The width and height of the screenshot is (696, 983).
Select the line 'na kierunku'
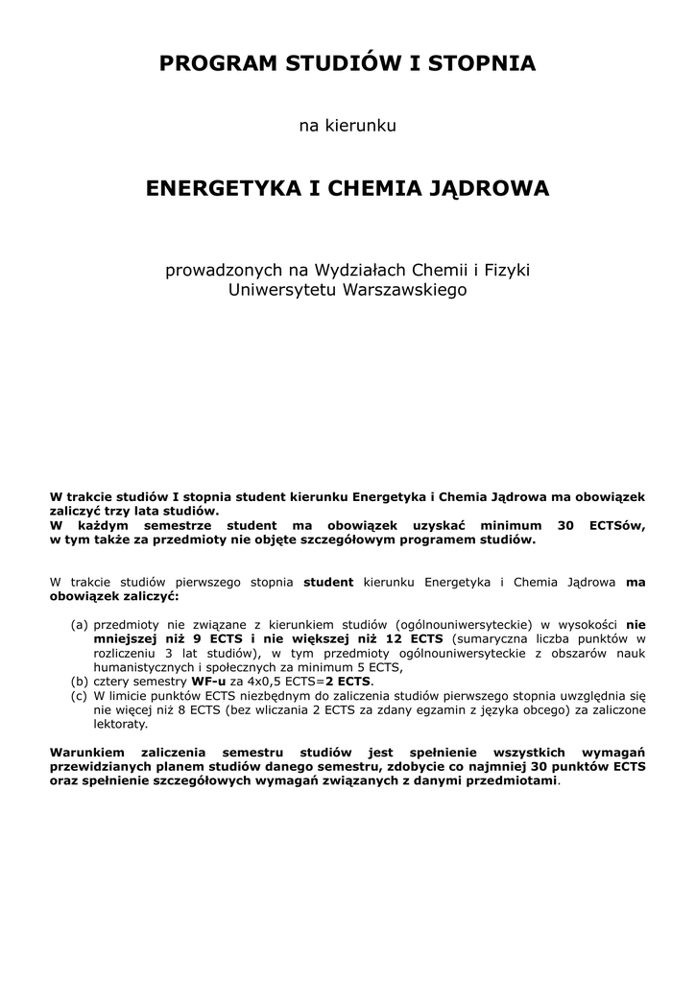(x=348, y=126)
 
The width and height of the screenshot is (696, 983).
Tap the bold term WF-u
(x=208, y=681)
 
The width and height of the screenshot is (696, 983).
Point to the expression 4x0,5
(x=266, y=681)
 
